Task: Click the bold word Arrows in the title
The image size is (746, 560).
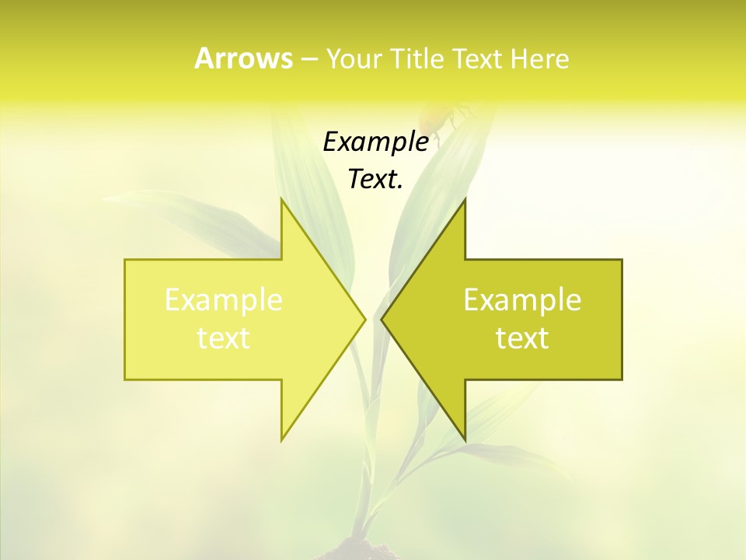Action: [x=242, y=58]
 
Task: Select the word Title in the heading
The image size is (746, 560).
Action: [x=416, y=59]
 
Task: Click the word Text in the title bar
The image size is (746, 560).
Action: [x=476, y=59]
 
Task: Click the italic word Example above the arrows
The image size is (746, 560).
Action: [x=375, y=142]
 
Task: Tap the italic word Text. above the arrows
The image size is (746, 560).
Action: [x=375, y=179]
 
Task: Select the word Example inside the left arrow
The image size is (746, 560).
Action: [x=224, y=299]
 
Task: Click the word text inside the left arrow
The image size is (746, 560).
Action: [x=224, y=338]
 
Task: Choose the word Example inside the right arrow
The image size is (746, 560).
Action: [x=522, y=299]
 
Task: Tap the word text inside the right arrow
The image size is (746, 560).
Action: [x=522, y=338]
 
